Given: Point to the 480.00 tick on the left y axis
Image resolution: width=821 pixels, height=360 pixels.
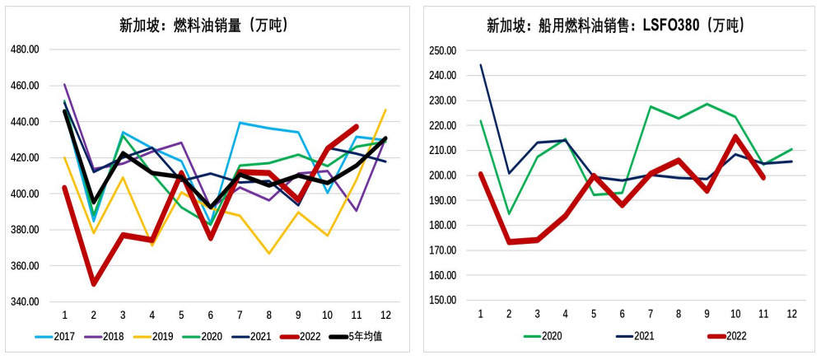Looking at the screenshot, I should point(25,49).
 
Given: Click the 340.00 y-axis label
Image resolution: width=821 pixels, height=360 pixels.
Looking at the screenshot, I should point(25,302).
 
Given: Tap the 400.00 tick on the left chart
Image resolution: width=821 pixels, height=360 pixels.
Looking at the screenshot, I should point(25,194).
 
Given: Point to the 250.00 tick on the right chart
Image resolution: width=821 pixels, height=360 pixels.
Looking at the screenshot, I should point(443,50).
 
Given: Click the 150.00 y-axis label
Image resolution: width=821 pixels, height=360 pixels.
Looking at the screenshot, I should point(443,300).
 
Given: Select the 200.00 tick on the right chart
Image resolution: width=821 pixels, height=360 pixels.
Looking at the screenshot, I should point(443,175).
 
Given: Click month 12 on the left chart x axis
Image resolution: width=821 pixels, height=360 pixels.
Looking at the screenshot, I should point(385,316).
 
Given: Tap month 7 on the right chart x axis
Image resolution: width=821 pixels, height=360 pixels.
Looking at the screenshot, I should point(650,316).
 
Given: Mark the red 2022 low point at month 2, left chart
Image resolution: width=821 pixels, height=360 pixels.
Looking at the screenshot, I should point(93,284).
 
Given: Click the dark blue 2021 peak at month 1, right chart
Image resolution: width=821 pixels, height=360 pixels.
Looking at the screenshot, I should point(481,65).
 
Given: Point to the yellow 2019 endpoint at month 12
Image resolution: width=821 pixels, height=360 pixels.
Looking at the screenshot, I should point(385,110).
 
